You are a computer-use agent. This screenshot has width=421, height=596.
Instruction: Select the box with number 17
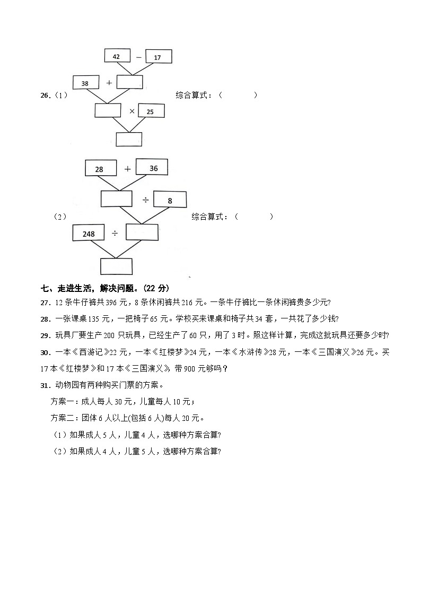tap(157, 57)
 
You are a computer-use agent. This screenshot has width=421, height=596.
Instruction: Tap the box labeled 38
tap(85, 83)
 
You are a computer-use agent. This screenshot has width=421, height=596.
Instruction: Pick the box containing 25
tap(151, 111)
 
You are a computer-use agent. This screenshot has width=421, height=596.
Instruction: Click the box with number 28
tap(100, 169)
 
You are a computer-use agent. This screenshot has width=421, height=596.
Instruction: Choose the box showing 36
tap(152, 167)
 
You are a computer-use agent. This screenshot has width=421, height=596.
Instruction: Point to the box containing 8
tap(170, 200)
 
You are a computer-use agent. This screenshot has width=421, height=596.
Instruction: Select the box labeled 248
tap(89, 234)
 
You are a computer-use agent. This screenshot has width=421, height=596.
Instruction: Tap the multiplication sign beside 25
tap(131, 111)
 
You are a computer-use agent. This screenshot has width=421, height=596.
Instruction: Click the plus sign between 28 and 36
tap(127, 169)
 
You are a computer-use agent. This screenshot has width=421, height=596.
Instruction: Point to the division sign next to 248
tap(115, 234)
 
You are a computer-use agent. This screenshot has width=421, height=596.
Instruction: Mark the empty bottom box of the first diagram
tap(129, 139)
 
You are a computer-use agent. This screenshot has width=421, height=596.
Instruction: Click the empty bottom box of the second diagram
tap(116, 265)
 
